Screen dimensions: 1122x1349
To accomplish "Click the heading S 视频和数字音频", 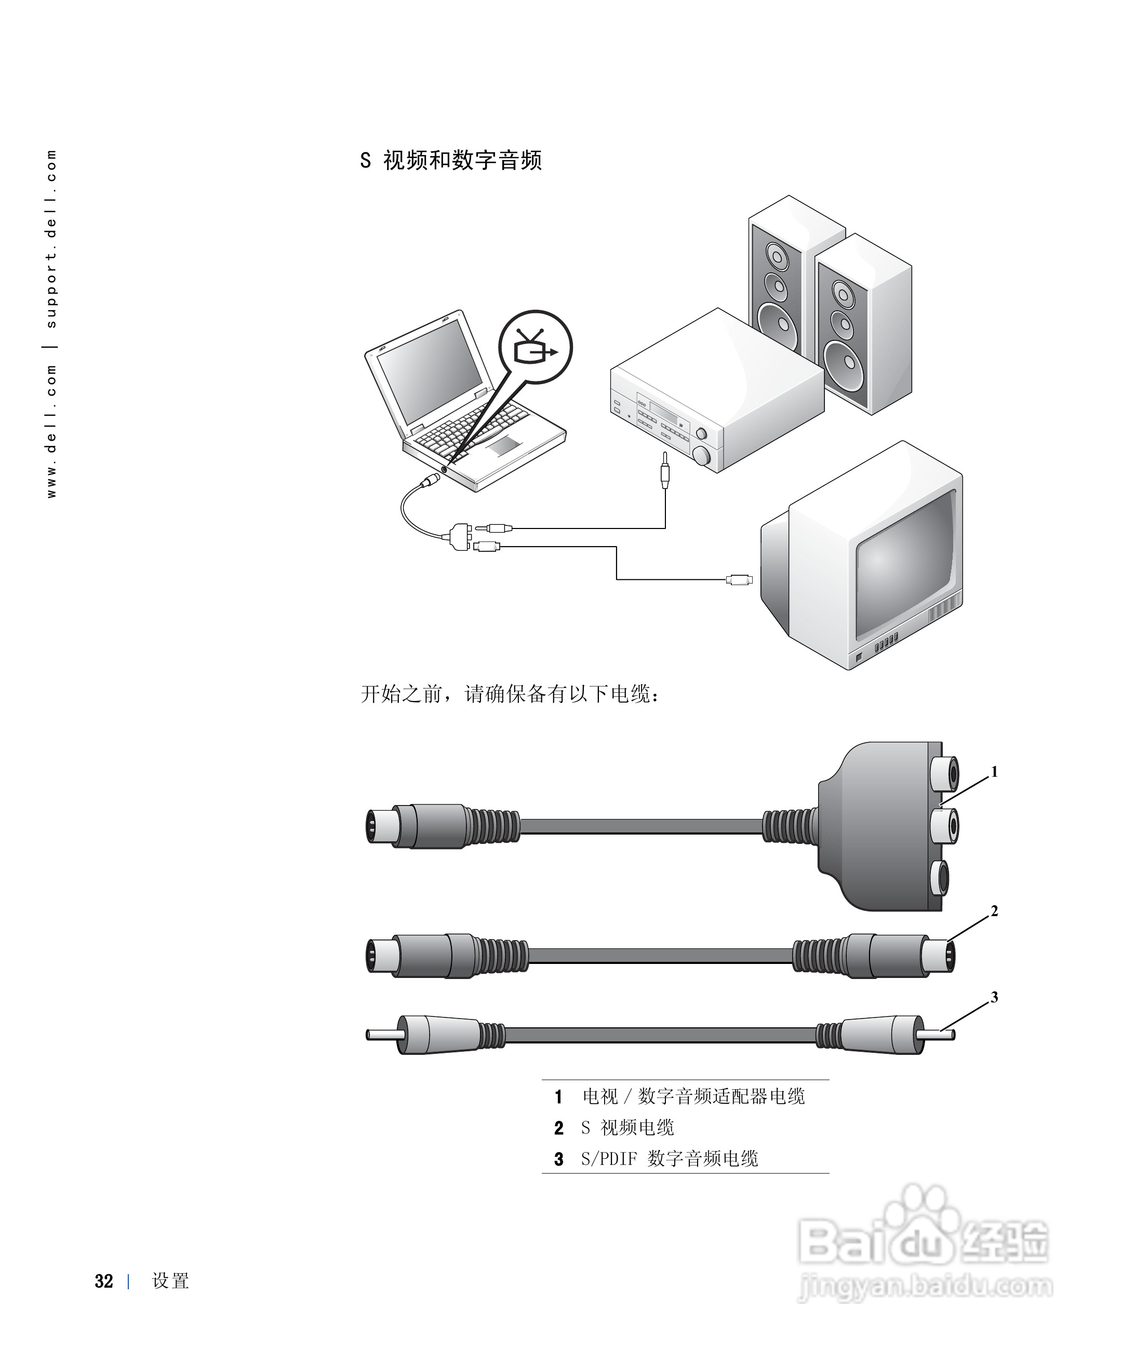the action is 451,160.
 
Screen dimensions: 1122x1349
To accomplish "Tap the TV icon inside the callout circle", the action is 535,348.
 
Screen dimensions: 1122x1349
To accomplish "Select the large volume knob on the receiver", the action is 701,455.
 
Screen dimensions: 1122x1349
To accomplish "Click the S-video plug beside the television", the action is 739,579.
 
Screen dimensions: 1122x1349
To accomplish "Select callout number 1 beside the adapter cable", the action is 994,772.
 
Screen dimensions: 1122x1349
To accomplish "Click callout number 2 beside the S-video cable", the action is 994,911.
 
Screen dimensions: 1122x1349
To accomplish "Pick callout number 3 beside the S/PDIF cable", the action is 994,997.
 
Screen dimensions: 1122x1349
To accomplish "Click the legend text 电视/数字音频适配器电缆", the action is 693,1096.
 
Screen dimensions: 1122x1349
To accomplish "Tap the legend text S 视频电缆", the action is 627,1128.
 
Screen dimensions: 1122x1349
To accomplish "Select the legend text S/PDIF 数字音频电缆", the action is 669,1159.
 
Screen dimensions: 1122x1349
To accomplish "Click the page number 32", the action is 104,1281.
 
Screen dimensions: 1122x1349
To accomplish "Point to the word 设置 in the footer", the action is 170,1281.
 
